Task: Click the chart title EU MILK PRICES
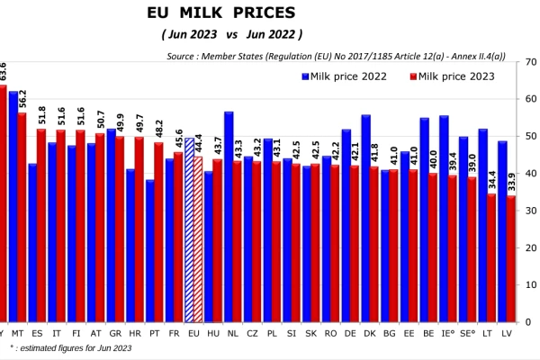pos(221,13)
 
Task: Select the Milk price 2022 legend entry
pos(345,76)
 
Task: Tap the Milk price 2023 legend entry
pos(452,76)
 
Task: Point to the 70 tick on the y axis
pos(531,62)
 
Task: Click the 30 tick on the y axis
pos(531,211)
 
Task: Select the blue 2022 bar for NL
pos(229,217)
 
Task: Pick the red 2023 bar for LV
pos(511,259)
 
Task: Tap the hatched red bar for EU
pos(198,239)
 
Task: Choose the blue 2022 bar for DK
pos(365,219)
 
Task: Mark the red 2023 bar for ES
pos(41,226)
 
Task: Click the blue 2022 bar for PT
pos(150,251)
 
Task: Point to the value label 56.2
pos(22,99)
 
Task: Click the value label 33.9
pos(512,182)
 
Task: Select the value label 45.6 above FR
pos(179,139)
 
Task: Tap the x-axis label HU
pos(213,334)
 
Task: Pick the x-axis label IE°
pos(447,334)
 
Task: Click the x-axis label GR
pos(115,334)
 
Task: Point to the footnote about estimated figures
pos(70,348)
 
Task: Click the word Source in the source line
pos(180,56)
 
